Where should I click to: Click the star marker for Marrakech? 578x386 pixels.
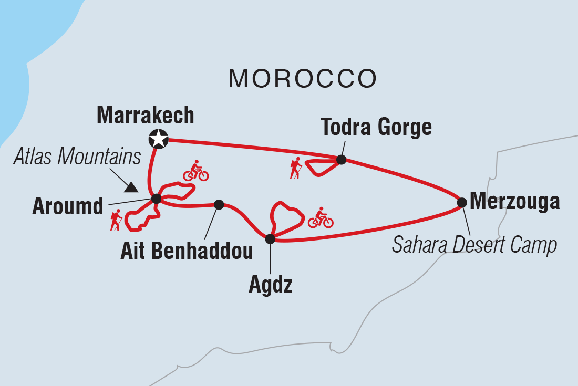[x=158, y=139]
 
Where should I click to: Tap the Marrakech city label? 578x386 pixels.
[x=146, y=116]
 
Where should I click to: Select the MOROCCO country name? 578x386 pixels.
[x=302, y=79]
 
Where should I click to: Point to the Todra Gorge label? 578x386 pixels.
[x=376, y=127]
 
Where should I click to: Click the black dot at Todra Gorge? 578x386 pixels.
[x=341, y=160]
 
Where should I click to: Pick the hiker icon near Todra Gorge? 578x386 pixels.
[x=295, y=168]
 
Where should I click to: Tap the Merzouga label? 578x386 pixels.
[x=514, y=201]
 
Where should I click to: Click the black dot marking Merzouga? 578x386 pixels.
[x=461, y=202]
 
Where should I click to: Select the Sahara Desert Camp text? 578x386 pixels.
[x=474, y=245]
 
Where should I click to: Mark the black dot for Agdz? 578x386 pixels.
[x=270, y=239]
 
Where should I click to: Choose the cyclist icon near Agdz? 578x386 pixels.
[x=321, y=217]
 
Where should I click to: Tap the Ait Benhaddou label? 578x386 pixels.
[x=187, y=251]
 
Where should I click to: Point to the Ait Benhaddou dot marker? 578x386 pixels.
[x=219, y=204]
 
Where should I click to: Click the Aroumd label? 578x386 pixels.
[x=68, y=207]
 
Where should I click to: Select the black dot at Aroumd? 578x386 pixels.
[x=156, y=199]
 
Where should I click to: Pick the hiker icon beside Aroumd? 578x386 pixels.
[x=116, y=220]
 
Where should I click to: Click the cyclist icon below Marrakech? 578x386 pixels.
[x=195, y=171]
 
